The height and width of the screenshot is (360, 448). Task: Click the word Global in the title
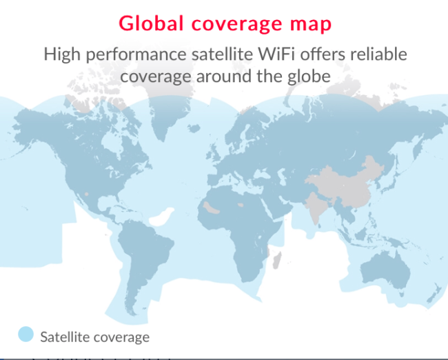pyautogui.click(x=151, y=23)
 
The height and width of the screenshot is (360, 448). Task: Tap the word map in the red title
pyautogui.click(x=311, y=25)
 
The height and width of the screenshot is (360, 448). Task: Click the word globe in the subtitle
pyautogui.click(x=309, y=77)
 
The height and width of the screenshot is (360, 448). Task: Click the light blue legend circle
pyautogui.click(x=26, y=334)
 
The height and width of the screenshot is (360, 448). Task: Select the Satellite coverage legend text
pyautogui.click(x=95, y=337)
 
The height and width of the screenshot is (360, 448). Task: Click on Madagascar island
pyautogui.click(x=276, y=259)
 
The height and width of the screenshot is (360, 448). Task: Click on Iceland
pyautogui.click(x=194, y=128)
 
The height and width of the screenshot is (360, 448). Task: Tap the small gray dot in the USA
pyautogui.click(x=87, y=194)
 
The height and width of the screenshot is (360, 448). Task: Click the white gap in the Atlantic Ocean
pyautogui.click(x=161, y=217)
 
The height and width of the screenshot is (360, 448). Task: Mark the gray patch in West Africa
pyautogui.click(x=211, y=208)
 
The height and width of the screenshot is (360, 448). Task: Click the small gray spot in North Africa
pyautogui.click(x=241, y=205)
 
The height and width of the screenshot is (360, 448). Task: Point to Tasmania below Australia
pyautogui.click(x=402, y=294)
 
